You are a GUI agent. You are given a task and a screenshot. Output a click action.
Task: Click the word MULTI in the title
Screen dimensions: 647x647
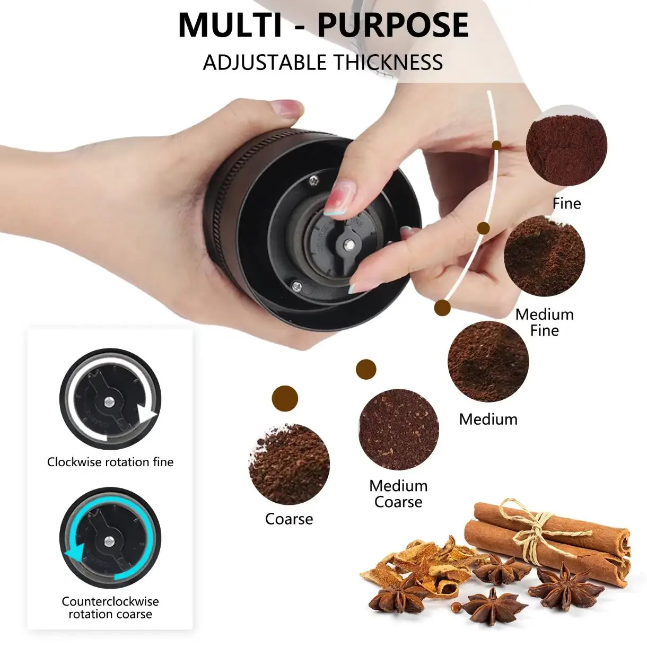tap(230, 25)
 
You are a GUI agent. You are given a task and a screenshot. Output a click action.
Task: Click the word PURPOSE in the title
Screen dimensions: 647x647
tap(393, 25)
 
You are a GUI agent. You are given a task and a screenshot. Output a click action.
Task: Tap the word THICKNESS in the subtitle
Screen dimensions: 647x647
tap(380, 62)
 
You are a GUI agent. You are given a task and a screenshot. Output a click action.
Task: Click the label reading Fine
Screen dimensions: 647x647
tap(567, 204)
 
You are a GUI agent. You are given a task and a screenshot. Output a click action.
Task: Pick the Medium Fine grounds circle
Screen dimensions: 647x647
tap(544, 256)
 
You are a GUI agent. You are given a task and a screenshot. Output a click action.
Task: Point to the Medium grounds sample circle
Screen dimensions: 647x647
tap(488, 362)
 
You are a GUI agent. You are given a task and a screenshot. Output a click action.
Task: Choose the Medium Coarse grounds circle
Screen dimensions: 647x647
tap(398, 429)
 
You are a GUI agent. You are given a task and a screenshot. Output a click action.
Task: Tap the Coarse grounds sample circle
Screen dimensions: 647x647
tap(289, 464)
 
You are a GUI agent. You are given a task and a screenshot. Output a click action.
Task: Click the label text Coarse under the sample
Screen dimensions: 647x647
tap(289, 519)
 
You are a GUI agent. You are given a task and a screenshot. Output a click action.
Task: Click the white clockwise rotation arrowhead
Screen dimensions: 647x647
tap(147, 416)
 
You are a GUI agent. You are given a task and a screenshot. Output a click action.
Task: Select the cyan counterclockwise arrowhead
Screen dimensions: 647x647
tap(75, 563)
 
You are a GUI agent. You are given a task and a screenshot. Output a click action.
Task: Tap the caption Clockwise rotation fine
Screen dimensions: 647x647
tap(110, 462)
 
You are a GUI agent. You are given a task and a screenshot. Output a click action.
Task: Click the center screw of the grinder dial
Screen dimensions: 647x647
tap(349, 245)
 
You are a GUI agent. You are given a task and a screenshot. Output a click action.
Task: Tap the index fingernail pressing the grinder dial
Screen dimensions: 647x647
tap(337, 198)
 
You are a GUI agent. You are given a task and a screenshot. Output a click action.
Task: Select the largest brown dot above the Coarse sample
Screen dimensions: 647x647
tap(285, 398)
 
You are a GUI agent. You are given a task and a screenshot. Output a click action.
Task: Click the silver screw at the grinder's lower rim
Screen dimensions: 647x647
tap(296, 286)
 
